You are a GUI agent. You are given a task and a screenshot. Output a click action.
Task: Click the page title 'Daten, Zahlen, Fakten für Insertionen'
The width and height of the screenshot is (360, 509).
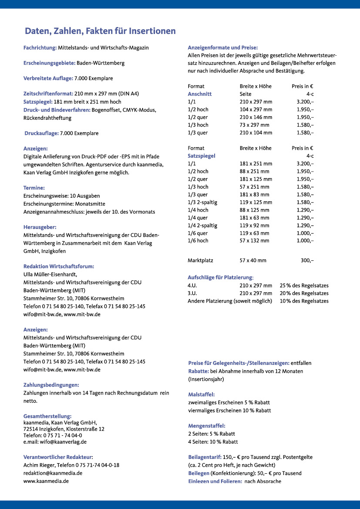100,31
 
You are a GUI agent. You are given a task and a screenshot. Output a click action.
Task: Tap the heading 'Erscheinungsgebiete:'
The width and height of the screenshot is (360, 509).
49,63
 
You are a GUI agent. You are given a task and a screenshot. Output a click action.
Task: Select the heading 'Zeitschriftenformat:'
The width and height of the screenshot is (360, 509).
48,94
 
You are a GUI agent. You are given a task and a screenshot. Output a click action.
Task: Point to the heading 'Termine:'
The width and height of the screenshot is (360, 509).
34,188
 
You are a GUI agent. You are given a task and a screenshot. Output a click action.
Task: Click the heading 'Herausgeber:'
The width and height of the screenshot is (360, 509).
40,227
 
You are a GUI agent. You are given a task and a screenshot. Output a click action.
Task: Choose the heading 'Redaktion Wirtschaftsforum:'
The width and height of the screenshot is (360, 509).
58,266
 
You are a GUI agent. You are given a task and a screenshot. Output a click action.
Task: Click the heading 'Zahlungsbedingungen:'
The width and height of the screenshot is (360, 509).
51,385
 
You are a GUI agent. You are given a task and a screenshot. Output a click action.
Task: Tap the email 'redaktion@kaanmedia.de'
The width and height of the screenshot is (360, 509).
53,473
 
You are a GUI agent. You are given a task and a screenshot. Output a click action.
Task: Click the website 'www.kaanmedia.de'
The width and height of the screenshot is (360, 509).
46,481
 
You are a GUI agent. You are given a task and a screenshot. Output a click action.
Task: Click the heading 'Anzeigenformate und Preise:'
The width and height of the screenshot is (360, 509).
222,47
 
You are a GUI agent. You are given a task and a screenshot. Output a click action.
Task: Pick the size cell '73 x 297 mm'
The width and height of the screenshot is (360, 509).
256,125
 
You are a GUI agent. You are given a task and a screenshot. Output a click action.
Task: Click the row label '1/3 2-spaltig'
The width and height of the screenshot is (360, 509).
202,202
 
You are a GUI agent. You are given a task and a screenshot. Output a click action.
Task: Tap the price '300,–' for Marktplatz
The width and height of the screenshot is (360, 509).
307,260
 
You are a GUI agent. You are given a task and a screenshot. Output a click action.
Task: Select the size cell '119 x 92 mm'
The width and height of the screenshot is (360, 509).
254,226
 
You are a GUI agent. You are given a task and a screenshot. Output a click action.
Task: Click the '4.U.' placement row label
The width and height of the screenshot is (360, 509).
193,286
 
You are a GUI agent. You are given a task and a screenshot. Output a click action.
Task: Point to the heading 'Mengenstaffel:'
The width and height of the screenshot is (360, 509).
206,426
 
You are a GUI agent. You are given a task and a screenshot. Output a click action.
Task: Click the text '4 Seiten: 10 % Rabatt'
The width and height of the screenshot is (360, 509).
213,442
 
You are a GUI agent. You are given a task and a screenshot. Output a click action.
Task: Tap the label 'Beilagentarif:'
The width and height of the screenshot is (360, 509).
205,457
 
